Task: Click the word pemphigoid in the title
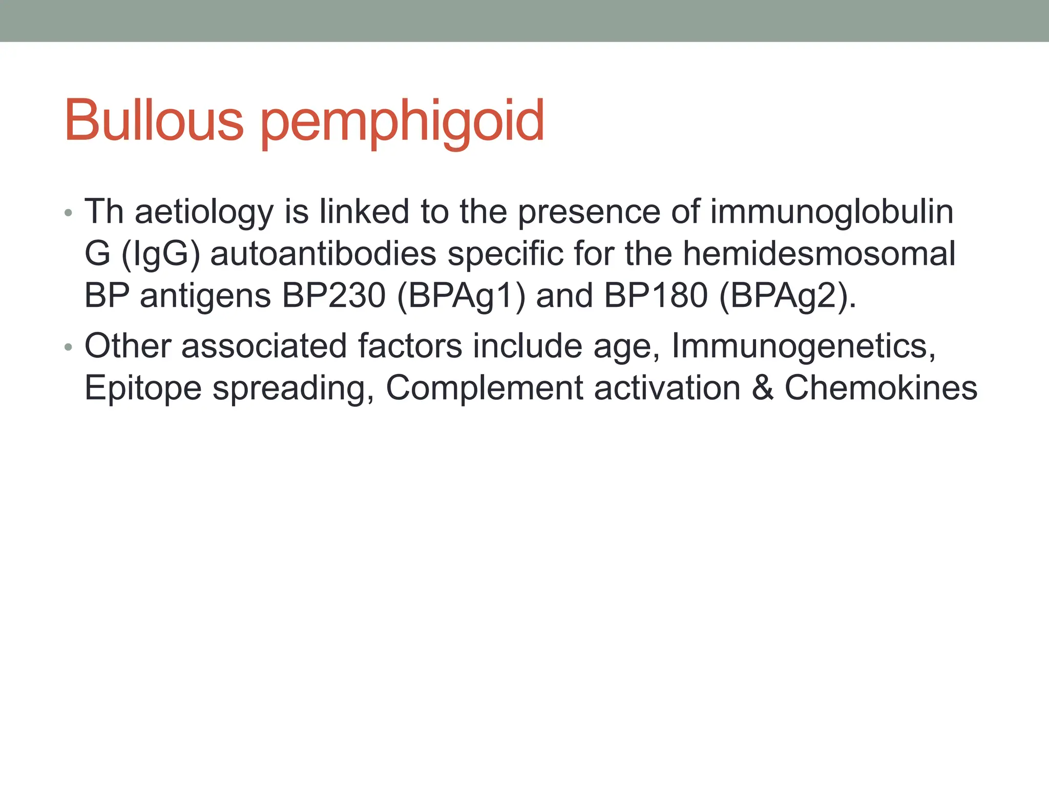click(403, 123)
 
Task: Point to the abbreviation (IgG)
click(160, 254)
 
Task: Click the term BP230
click(333, 296)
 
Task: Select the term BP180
click(656, 296)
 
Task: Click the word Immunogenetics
click(803, 346)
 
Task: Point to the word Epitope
click(143, 388)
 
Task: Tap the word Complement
click(484, 388)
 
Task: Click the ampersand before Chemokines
click(763, 388)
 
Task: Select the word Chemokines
click(881, 388)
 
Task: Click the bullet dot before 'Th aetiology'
click(69, 213)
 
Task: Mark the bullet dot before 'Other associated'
click(69, 347)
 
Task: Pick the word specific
click(505, 254)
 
